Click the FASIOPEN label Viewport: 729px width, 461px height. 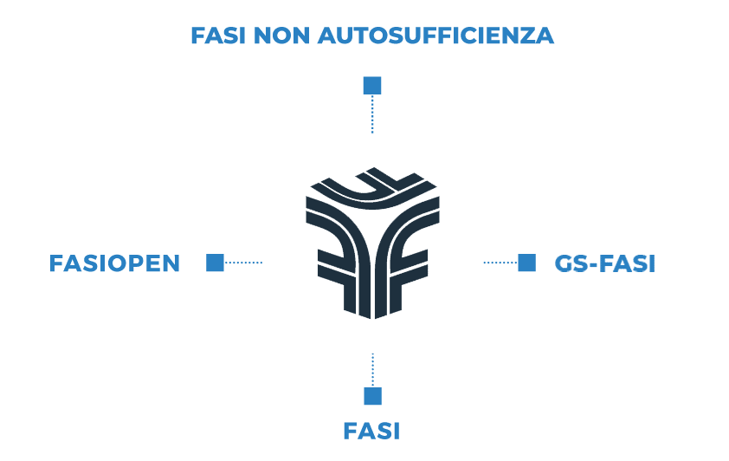[115, 263]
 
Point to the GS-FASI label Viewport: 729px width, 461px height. [604, 263]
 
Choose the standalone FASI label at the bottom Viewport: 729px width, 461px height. [371, 431]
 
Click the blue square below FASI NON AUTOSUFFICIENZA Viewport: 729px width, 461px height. [372, 85]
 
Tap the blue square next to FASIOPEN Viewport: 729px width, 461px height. [215, 263]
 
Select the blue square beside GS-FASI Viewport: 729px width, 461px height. [526, 263]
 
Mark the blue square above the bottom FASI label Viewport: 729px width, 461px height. [372, 397]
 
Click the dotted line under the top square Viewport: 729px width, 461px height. [372, 114]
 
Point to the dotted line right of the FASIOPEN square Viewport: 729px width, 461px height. [243, 263]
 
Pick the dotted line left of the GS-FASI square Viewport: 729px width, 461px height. [499, 263]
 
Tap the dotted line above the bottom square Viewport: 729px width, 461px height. [372, 369]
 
